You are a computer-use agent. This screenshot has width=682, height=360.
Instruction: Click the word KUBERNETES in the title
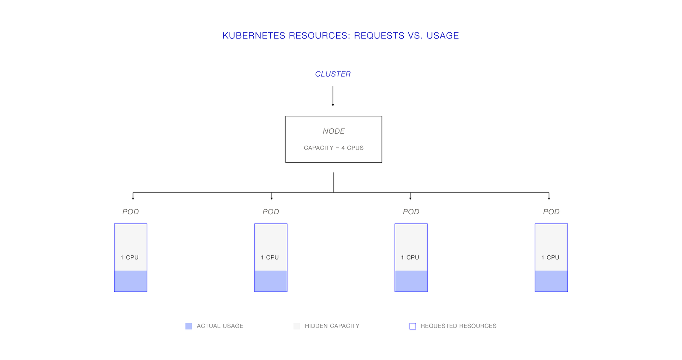coord(254,36)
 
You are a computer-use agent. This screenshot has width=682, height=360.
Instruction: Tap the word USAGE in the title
coord(442,36)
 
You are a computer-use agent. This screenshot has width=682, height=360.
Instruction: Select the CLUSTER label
coord(333,74)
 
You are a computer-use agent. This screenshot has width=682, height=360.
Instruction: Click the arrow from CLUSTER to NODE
coord(333,96)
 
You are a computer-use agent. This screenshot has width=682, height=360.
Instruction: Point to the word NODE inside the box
coord(334,131)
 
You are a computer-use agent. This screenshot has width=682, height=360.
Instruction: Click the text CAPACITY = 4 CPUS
coord(334,148)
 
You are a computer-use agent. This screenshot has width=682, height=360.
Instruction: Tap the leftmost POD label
coord(130,212)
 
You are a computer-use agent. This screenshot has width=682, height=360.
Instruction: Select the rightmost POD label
coord(552,212)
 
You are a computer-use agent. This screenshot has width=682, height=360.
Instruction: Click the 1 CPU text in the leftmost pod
coord(130,257)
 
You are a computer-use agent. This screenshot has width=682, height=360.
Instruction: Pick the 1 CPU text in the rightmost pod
coord(550,257)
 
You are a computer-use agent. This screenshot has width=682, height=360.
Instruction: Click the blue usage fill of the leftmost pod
coord(130,281)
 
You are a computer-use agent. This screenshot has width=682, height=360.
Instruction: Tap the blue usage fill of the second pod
coord(271,281)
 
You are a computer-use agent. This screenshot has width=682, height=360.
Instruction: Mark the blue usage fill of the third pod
coord(411,281)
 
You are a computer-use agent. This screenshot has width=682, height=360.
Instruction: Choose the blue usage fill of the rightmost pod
coord(552,281)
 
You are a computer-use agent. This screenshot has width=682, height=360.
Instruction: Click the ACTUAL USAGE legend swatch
coord(189,326)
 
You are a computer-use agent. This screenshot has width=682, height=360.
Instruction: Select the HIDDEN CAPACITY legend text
coord(332,326)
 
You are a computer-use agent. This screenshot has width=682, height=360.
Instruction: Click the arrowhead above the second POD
coord(272,199)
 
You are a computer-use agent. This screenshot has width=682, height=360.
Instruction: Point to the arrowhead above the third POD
coord(410,199)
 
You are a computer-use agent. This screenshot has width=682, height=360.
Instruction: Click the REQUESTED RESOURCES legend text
coord(459,326)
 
